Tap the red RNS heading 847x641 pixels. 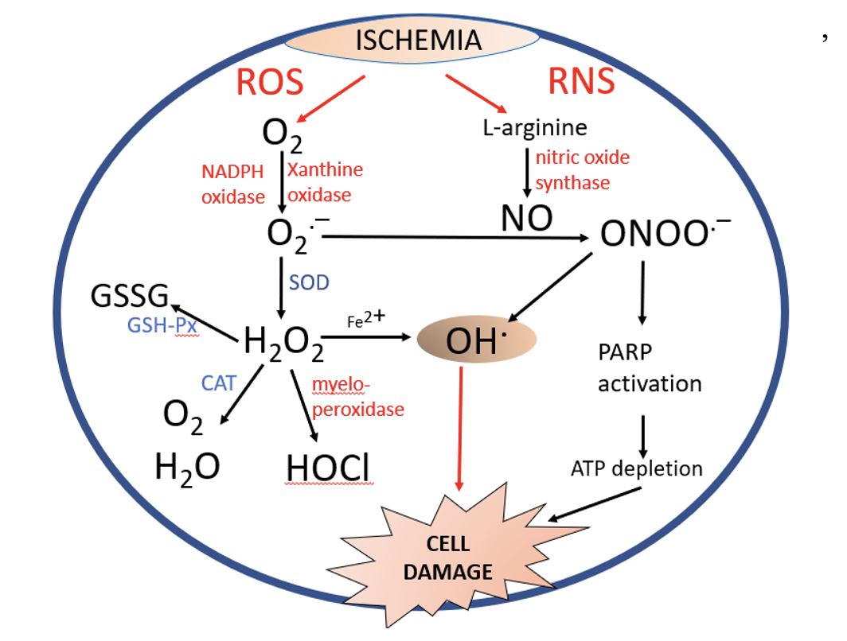pyautogui.click(x=582, y=82)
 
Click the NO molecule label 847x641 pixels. pyautogui.click(x=526, y=219)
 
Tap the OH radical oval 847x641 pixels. pyautogui.click(x=477, y=340)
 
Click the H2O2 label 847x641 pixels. pyautogui.click(x=283, y=342)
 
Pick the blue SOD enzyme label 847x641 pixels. pyautogui.click(x=309, y=282)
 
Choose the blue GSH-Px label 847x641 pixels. pyautogui.click(x=162, y=326)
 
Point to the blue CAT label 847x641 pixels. pyautogui.click(x=219, y=383)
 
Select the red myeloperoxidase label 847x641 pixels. pyautogui.click(x=357, y=397)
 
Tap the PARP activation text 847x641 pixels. pyautogui.click(x=650, y=367)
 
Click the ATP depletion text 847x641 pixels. pyautogui.click(x=636, y=468)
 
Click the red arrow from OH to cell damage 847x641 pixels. pyautogui.click(x=459, y=429)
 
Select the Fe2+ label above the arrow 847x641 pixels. pyautogui.click(x=366, y=320)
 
